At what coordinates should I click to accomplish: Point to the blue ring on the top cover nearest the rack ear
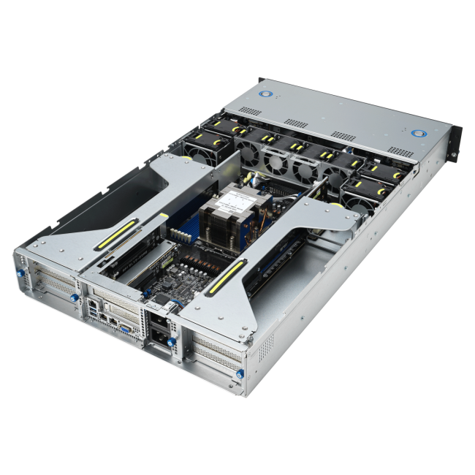[x=419, y=134]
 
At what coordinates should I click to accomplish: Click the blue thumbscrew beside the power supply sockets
[x=171, y=340]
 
